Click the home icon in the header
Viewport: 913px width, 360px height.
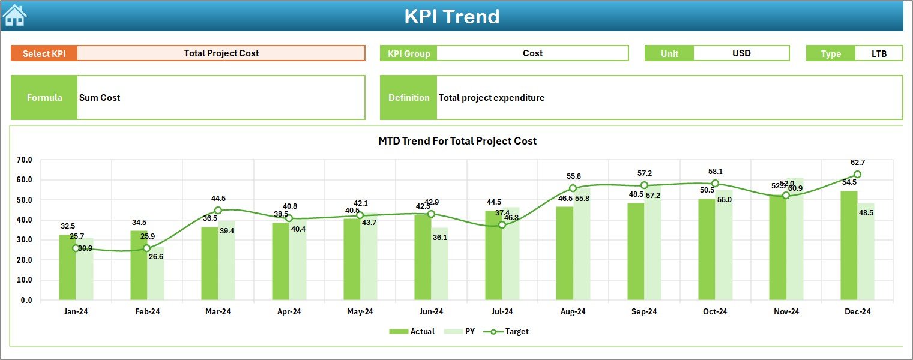pos(14,16)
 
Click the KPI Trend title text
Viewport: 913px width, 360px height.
pos(451,16)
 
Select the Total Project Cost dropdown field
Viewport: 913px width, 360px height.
pos(221,53)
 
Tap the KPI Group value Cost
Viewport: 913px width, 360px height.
pos(532,53)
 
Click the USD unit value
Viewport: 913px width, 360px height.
pos(741,53)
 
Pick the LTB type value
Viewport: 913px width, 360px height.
pos(879,53)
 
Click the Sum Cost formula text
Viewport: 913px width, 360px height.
pos(100,98)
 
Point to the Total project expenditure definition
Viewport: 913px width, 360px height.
pos(492,98)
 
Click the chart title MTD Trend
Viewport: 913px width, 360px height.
pos(457,141)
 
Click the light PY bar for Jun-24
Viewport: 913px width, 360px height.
pos(439,264)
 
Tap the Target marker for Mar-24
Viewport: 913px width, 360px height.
pos(218,211)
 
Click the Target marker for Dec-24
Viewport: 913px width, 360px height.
pos(857,175)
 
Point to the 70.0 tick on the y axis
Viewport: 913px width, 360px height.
pos(25,160)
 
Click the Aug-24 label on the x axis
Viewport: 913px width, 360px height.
pos(573,312)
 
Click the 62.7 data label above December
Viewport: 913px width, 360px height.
pos(857,163)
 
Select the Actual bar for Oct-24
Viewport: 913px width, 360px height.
pos(707,249)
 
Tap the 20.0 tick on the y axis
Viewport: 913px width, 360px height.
pos(25,260)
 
